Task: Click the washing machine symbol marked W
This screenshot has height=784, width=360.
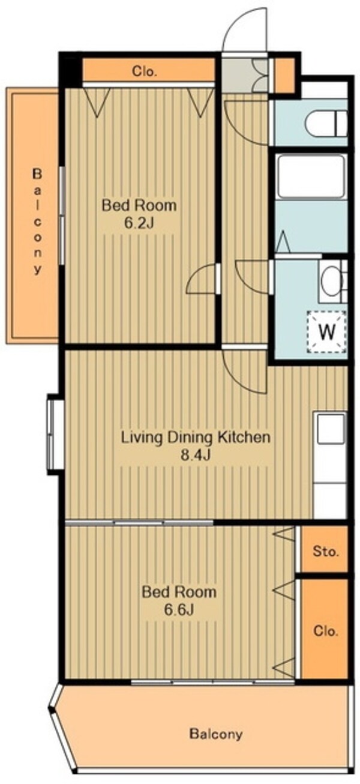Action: [x=327, y=331]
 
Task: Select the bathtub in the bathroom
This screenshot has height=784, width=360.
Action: [x=310, y=176]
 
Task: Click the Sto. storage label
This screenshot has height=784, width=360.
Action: [x=326, y=552]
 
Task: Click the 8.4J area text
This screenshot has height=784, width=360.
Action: [x=195, y=455]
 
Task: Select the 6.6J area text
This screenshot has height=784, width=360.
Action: [x=179, y=610]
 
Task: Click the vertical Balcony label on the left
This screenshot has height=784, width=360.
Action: [x=37, y=221]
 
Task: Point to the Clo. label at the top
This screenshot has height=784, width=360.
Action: [x=144, y=71]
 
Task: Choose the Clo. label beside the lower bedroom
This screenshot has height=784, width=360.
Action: [x=326, y=632]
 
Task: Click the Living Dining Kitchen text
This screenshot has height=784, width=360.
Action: [x=196, y=438]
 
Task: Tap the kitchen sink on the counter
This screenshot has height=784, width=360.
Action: [x=330, y=429]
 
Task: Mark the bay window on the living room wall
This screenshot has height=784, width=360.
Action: [x=54, y=435]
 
